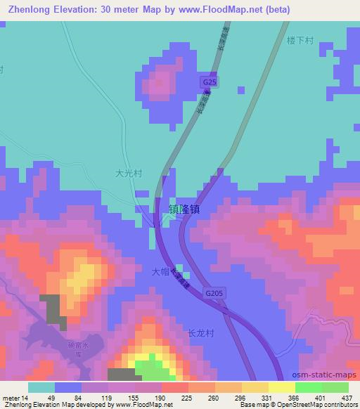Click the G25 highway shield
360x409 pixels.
click(x=207, y=82)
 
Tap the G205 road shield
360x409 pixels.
click(x=216, y=292)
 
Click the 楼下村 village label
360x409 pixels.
click(x=300, y=41)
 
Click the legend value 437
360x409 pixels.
click(x=347, y=397)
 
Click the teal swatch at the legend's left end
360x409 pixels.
click(x=41, y=387)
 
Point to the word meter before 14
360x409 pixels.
click(x=11, y=397)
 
